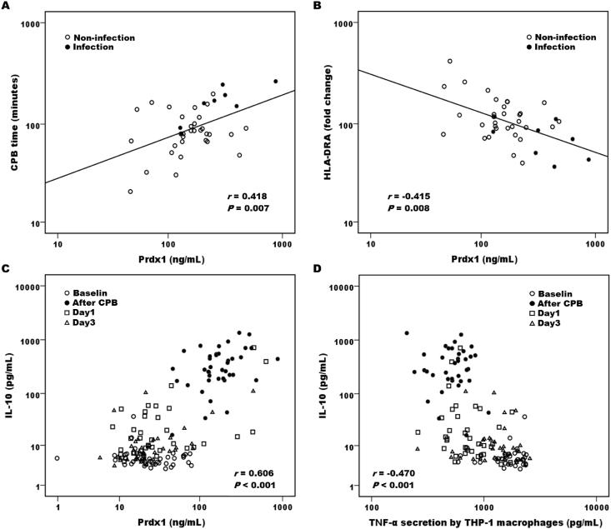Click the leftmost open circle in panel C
[58, 458]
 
